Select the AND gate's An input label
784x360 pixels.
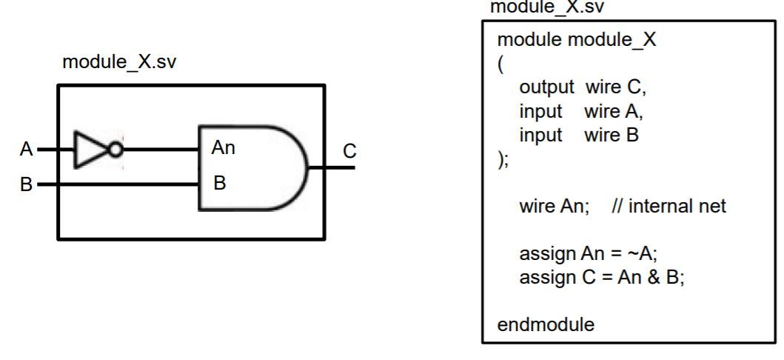click(224, 148)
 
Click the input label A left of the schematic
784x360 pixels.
click(27, 150)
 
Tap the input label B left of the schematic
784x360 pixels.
click(27, 184)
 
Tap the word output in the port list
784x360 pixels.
click(546, 90)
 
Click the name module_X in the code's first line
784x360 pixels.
click(613, 40)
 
